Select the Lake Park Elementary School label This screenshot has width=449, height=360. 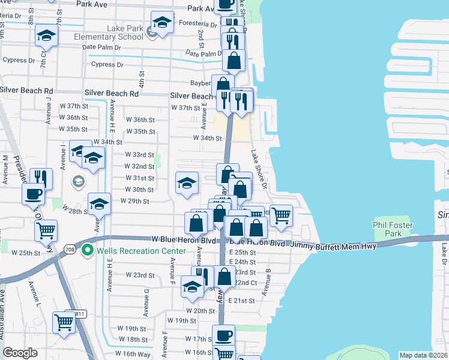point(117,32)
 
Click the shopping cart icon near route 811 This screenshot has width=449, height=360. point(63,322)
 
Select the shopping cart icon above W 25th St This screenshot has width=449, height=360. point(46,230)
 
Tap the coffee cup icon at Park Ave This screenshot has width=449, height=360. point(225,5)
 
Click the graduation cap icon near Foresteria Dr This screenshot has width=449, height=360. point(161,23)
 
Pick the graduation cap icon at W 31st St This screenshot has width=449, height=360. point(187,182)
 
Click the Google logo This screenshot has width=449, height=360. point(20,353)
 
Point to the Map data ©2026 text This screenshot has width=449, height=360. point(423,355)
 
